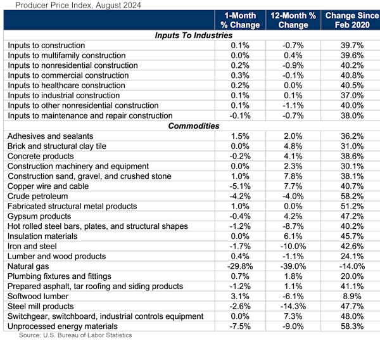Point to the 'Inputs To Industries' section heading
click(x=193, y=35)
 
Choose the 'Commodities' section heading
click(x=193, y=126)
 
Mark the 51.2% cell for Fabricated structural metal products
click(x=352, y=206)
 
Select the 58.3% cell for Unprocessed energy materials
click(x=352, y=326)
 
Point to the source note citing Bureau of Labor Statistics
click(x=75, y=335)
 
